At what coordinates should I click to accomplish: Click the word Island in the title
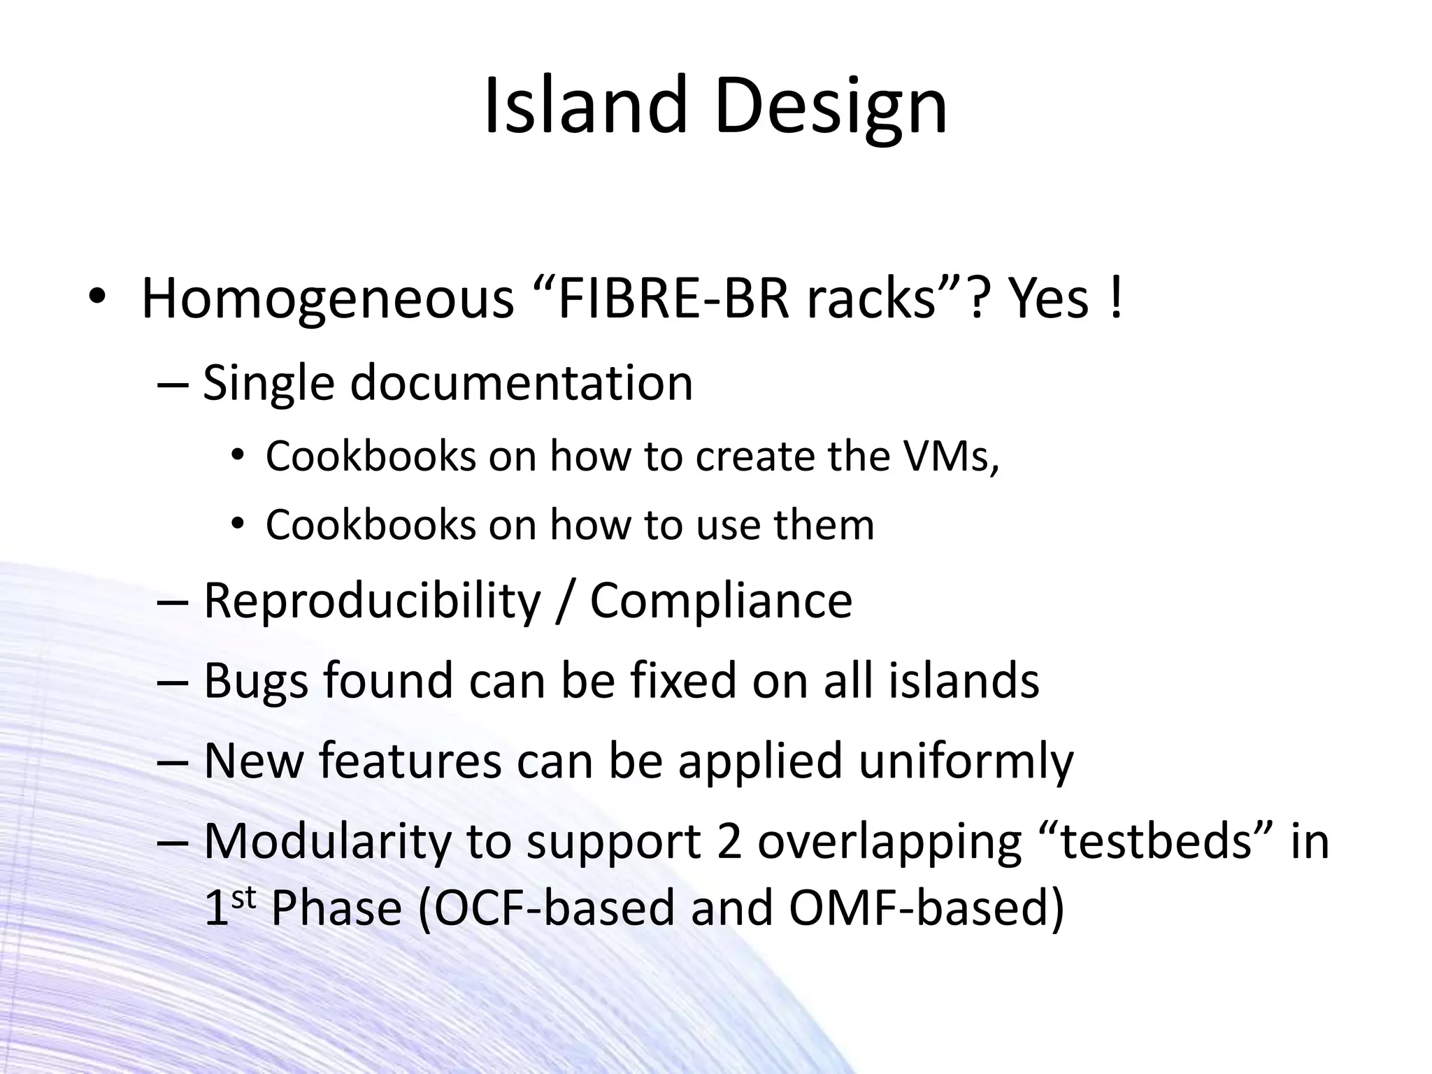click(x=585, y=106)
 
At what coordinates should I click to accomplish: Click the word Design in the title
click(x=831, y=106)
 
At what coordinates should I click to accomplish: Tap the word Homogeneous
click(x=327, y=299)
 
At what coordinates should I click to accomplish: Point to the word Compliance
click(x=721, y=601)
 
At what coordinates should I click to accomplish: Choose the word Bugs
click(x=256, y=681)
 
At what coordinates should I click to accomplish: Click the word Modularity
click(x=327, y=841)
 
